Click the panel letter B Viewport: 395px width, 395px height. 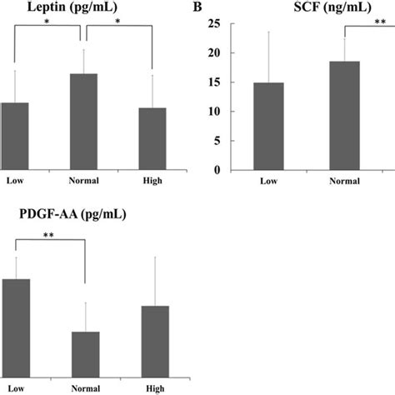[x=197, y=7]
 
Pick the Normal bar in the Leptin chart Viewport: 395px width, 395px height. [x=82, y=122]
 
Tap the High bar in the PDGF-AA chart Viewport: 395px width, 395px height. [x=155, y=341]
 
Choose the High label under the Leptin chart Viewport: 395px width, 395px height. [x=152, y=180]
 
